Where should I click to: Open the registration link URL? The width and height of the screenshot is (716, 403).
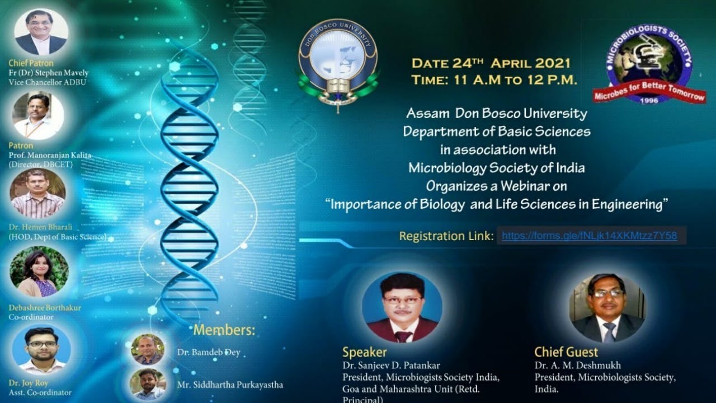(589, 236)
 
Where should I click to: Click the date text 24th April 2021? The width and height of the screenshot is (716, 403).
(491, 63)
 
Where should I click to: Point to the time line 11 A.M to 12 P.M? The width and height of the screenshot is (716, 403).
(494, 80)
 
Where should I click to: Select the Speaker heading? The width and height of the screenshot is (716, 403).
(364, 352)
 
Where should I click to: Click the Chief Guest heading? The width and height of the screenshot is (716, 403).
(566, 352)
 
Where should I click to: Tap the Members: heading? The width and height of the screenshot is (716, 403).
(224, 330)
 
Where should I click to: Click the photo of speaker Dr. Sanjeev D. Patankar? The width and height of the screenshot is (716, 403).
(402, 307)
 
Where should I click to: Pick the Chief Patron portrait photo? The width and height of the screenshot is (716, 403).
(41, 32)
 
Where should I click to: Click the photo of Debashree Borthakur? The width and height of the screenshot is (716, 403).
(39, 272)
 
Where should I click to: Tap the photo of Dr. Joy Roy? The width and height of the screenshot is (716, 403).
(41, 349)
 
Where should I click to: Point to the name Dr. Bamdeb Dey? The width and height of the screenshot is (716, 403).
(208, 352)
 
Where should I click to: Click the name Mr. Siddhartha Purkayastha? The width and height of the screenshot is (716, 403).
(230, 385)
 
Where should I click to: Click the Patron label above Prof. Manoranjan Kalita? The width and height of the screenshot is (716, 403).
(21, 146)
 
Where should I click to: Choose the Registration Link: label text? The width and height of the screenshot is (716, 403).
(446, 236)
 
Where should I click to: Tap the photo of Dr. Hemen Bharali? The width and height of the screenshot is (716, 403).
(37, 193)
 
